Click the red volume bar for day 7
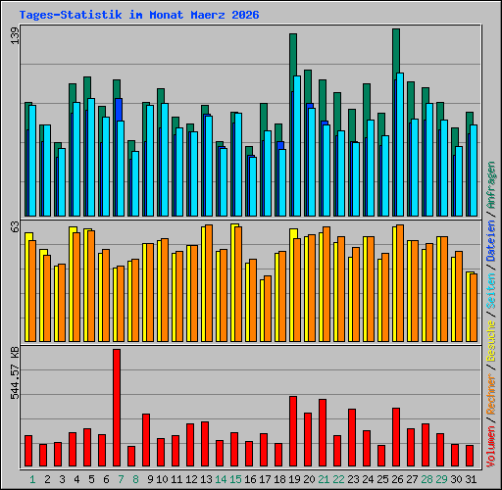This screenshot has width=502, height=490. tap(117, 408)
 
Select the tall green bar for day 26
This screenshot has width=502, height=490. tap(396, 52)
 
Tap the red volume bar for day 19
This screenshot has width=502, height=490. tap(293, 431)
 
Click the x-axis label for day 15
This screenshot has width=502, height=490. tap(235, 479)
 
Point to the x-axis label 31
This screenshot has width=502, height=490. tap(471, 479)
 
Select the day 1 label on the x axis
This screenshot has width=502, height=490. tap(32, 479)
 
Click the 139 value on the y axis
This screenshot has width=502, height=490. tap(15, 35)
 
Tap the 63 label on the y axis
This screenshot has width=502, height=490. tap(15, 226)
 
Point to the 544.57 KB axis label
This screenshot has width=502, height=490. tap(15, 373)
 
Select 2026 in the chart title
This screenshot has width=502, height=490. tap(245, 15)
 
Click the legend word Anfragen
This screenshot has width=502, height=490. tap(491, 185)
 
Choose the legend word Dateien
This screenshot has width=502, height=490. tap(491, 240)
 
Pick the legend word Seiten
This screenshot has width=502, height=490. tap(491, 291)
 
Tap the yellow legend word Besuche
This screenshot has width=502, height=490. tap(491, 341)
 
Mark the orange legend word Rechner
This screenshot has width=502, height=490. tap(491, 395)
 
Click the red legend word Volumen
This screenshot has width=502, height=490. tap(491, 446)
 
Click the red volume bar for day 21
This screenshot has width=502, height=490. tap(323, 432)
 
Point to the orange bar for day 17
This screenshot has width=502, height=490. tap(268, 309)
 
